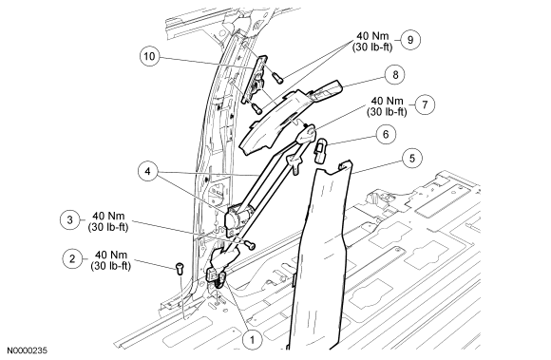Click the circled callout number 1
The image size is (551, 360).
tap(252, 339)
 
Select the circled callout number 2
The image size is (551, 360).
tap(72, 259)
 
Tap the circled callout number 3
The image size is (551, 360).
tap(70, 219)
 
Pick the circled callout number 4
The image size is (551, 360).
tap(147, 171)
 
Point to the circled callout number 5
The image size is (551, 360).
tap(412, 158)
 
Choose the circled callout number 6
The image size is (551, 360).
tap(386, 134)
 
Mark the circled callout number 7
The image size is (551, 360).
tap(425, 104)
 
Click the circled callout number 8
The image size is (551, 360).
tap(395, 74)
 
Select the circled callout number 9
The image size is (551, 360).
tap(410, 40)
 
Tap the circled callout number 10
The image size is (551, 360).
tap(150, 56)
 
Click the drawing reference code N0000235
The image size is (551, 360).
tap(28, 351)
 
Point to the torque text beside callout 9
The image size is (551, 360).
tap(372, 42)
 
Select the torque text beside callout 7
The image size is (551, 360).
tap(387, 106)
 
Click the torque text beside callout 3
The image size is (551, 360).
tap(108, 221)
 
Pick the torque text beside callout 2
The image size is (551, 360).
tap(111, 260)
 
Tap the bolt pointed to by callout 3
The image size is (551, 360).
tap(250, 245)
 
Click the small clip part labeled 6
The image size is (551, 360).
tap(320, 151)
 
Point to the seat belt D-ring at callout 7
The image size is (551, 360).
tap(307, 134)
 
